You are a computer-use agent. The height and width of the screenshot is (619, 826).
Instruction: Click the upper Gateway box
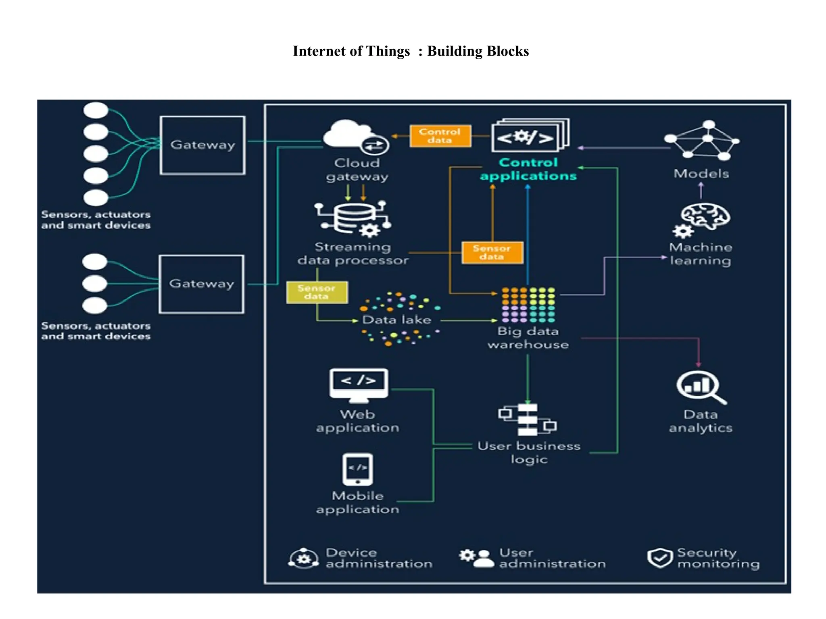[202, 145]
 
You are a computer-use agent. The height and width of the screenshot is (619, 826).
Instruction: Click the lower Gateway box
[201, 284]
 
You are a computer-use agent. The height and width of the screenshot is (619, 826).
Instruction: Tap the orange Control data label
[440, 136]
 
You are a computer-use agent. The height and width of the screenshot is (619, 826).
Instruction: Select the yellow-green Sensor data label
[317, 292]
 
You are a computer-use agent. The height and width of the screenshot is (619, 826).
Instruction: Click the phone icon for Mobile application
[357, 469]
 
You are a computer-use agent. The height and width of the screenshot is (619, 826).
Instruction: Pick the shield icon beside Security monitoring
[660, 558]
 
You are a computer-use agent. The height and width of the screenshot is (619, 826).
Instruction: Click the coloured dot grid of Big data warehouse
[528, 305]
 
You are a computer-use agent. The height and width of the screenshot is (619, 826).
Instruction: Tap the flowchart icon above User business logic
[528, 420]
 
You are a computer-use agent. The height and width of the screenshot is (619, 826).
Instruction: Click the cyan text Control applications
[528, 169]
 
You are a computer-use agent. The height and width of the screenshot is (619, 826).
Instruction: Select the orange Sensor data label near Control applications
[492, 253]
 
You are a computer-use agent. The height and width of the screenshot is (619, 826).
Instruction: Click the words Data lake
[396, 320]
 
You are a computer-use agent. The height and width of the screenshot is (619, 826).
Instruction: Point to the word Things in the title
[388, 51]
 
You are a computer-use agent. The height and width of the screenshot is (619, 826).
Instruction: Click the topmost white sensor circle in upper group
[96, 110]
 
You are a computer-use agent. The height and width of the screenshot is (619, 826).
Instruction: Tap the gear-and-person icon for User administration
[477, 558]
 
